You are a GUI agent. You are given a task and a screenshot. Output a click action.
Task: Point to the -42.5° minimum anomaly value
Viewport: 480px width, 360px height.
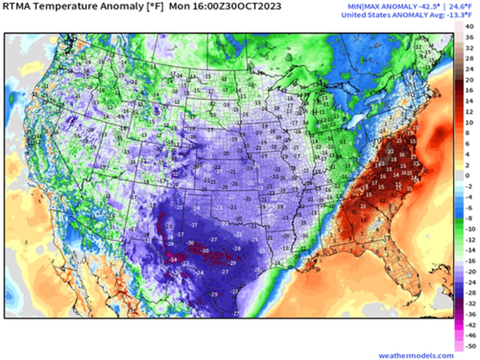[x=414, y=6]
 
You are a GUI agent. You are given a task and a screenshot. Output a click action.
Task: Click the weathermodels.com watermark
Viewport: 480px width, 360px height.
[x=416, y=355]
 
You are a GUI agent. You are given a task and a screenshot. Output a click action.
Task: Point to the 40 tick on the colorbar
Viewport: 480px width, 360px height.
[x=469, y=27]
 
